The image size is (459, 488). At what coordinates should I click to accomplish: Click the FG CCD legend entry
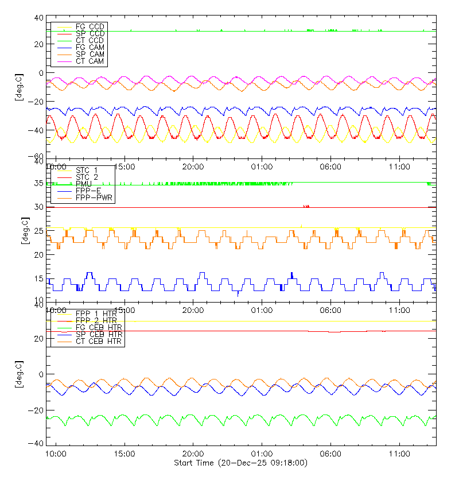(x=90, y=27)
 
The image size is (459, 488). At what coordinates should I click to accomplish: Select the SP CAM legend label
(x=90, y=55)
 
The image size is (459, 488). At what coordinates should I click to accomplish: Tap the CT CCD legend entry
(x=90, y=41)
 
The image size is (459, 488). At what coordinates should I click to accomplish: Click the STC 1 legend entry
(x=87, y=170)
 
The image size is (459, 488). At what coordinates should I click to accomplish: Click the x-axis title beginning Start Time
(x=240, y=463)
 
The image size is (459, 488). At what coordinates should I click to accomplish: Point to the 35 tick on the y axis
(x=39, y=184)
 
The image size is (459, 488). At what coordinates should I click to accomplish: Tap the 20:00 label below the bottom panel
(x=193, y=454)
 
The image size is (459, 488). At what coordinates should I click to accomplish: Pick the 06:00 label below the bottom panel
(x=330, y=454)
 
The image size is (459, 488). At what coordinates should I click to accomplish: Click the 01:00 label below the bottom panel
(x=262, y=454)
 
